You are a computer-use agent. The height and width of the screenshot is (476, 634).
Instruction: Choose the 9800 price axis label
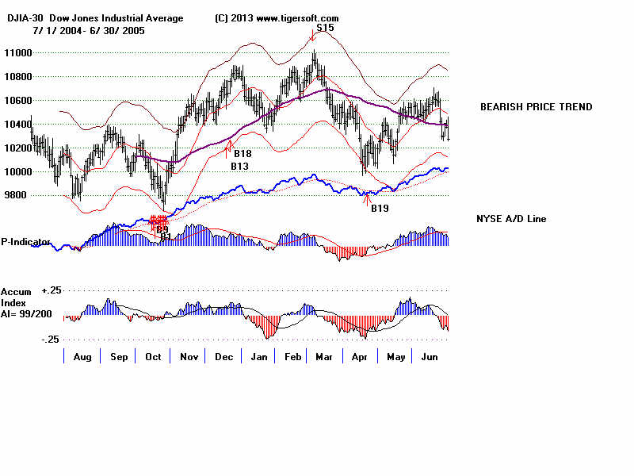14,195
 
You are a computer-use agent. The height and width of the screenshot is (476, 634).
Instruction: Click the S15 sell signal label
325,28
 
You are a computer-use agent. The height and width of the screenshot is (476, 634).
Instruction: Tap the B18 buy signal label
242,154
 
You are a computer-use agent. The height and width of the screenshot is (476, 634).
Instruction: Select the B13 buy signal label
239,167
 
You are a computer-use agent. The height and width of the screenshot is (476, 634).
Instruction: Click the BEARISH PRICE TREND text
536,107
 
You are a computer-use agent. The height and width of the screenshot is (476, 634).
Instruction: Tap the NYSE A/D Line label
511,219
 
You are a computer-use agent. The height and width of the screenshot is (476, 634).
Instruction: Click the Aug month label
82,358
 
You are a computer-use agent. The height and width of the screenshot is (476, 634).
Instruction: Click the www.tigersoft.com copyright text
277,18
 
